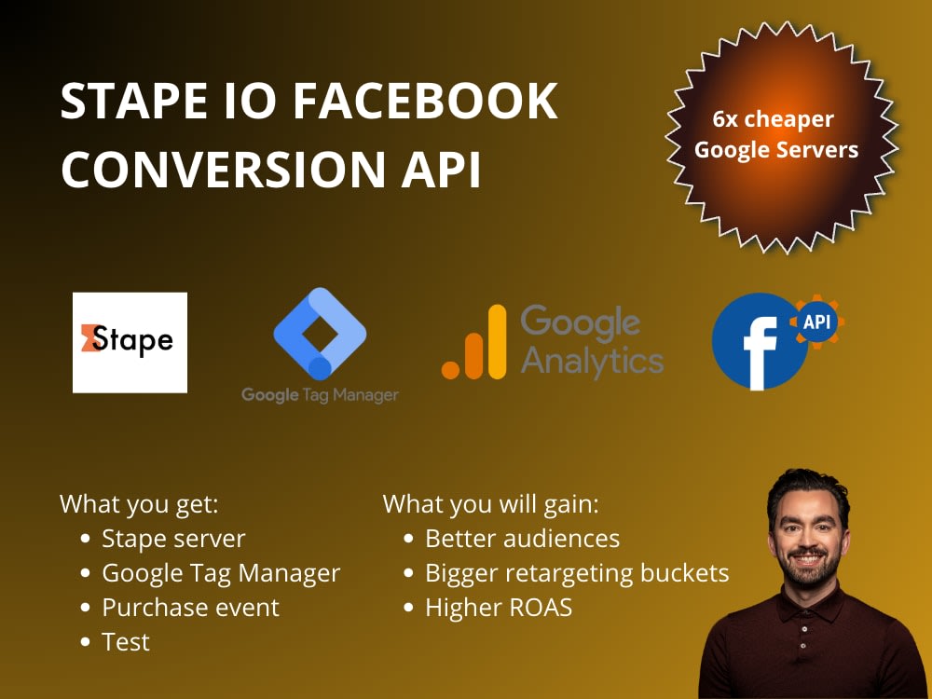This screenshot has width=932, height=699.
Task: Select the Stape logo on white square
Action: [x=130, y=342]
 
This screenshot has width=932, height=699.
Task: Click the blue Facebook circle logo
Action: [x=756, y=342]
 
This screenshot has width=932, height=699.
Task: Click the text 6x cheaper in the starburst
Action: [x=774, y=119]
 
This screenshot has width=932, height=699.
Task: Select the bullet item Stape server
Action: [x=173, y=539]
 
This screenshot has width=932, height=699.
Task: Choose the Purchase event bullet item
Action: [x=190, y=608]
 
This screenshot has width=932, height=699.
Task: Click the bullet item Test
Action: [x=126, y=642]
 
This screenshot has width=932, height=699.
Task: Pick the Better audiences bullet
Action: [x=522, y=539]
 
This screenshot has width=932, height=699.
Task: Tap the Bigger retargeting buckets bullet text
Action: [x=577, y=573]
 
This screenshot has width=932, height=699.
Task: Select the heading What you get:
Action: [x=139, y=504]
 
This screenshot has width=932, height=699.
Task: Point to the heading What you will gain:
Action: [x=491, y=504]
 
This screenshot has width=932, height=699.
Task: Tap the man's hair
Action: [x=802, y=489]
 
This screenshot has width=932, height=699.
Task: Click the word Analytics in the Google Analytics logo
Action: [x=592, y=359]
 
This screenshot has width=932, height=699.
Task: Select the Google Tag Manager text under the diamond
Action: [x=320, y=394]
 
